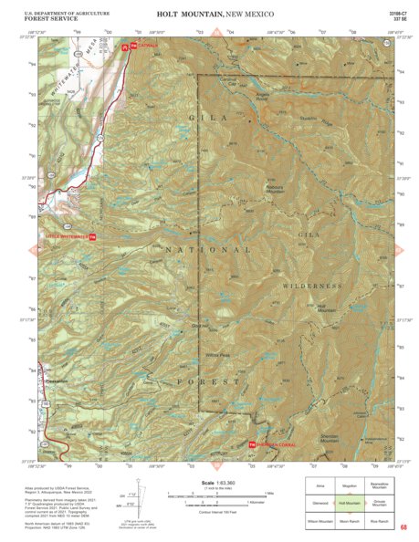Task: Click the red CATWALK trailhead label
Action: [x=144, y=45]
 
